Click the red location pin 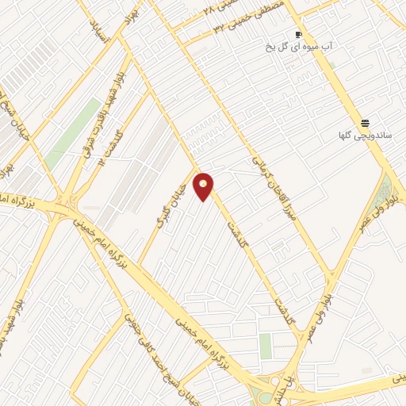coord(204,187)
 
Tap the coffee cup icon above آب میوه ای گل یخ coord(298,34)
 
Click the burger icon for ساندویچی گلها coord(365,123)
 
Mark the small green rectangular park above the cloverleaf coord(265,346)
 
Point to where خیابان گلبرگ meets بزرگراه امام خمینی coord(140,262)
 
